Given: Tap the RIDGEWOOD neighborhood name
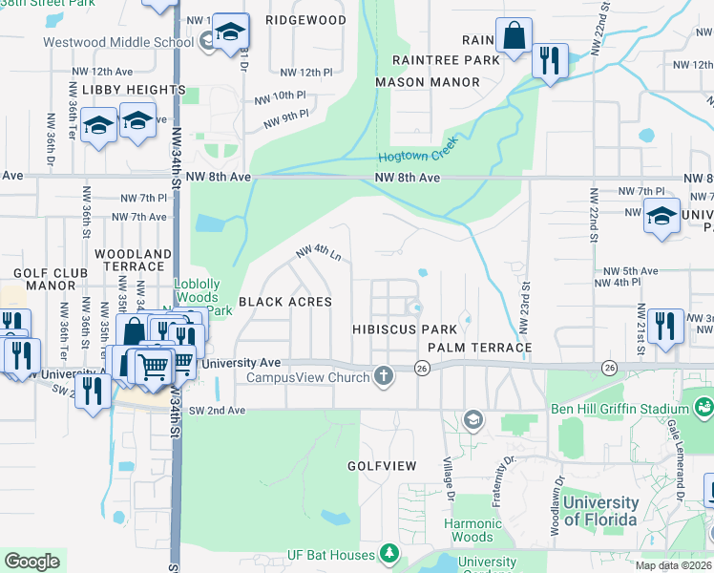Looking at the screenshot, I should click(x=305, y=19).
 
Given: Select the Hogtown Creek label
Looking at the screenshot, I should click(x=418, y=150).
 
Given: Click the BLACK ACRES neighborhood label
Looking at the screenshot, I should click(x=284, y=302).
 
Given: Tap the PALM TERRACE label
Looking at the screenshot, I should click(x=478, y=347).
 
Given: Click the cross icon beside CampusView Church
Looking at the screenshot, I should click(x=384, y=376).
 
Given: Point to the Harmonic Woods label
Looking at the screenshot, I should click(x=472, y=530).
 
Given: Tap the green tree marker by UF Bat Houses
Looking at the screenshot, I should click(x=388, y=554).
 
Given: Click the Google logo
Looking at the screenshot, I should click(x=31, y=562).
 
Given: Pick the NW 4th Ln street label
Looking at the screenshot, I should click(x=319, y=253).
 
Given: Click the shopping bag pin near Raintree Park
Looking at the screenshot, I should click(x=514, y=38).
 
